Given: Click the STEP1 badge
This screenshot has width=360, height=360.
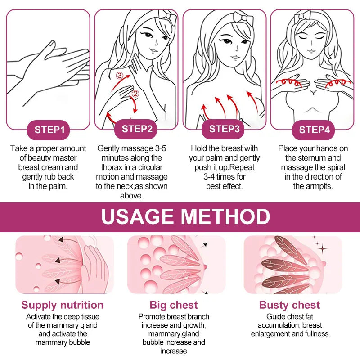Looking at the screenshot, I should pyautogui.click(x=50, y=130).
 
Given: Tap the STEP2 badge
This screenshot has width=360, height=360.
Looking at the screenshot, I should pyautogui.click(x=137, y=129).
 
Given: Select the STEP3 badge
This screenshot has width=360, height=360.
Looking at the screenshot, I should pyautogui.click(x=225, y=129).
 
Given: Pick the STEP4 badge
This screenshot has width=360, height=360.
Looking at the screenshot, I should pyautogui.click(x=314, y=130).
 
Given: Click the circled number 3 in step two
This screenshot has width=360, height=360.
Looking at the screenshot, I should pyautogui.click(x=119, y=76).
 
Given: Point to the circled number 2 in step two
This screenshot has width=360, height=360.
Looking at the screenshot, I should pyautogui.click(x=135, y=94).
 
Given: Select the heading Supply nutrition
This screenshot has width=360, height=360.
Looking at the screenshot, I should pyautogui.click(x=63, y=305).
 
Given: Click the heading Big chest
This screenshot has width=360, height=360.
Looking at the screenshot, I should pyautogui.click(x=174, y=305).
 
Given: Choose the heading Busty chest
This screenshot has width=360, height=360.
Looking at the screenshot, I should pyautogui.click(x=289, y=305).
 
